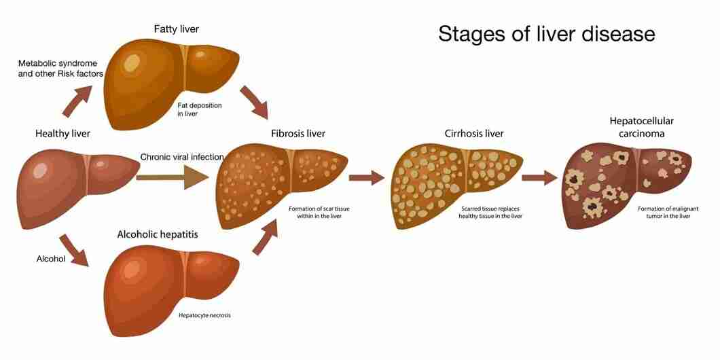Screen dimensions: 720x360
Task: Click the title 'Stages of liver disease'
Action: click(x=546, y=35)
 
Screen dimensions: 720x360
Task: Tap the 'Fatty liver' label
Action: click(x=177, y=29)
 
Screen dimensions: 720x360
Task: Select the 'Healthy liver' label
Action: click(x=63, y=134)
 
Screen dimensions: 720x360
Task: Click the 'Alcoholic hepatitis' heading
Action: click(x=158, y=234)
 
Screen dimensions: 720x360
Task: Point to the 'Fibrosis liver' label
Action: click(x=298, y=134)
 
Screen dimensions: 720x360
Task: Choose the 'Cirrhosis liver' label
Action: click(x=474, y=134)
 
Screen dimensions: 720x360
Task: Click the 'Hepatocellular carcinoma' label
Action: click(x=641, y=127)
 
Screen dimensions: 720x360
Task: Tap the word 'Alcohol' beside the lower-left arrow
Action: click(x=51, y=259)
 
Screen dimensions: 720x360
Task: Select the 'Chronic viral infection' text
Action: click(x=182, y=157)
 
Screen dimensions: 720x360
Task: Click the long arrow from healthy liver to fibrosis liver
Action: click(x=173, y=177)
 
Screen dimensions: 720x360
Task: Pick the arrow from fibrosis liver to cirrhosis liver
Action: click(x=366, y=178)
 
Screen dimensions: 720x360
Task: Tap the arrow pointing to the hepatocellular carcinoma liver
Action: click(x=539, y=178)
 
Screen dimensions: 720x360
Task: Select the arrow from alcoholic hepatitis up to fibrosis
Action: click(x=266, y=236)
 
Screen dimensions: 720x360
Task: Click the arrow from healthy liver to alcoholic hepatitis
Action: click(x=74, y=250)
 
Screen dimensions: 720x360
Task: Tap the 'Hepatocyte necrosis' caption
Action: click(x=205, y=315)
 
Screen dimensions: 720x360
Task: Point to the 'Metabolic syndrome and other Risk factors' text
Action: click(x=60, y=68)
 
